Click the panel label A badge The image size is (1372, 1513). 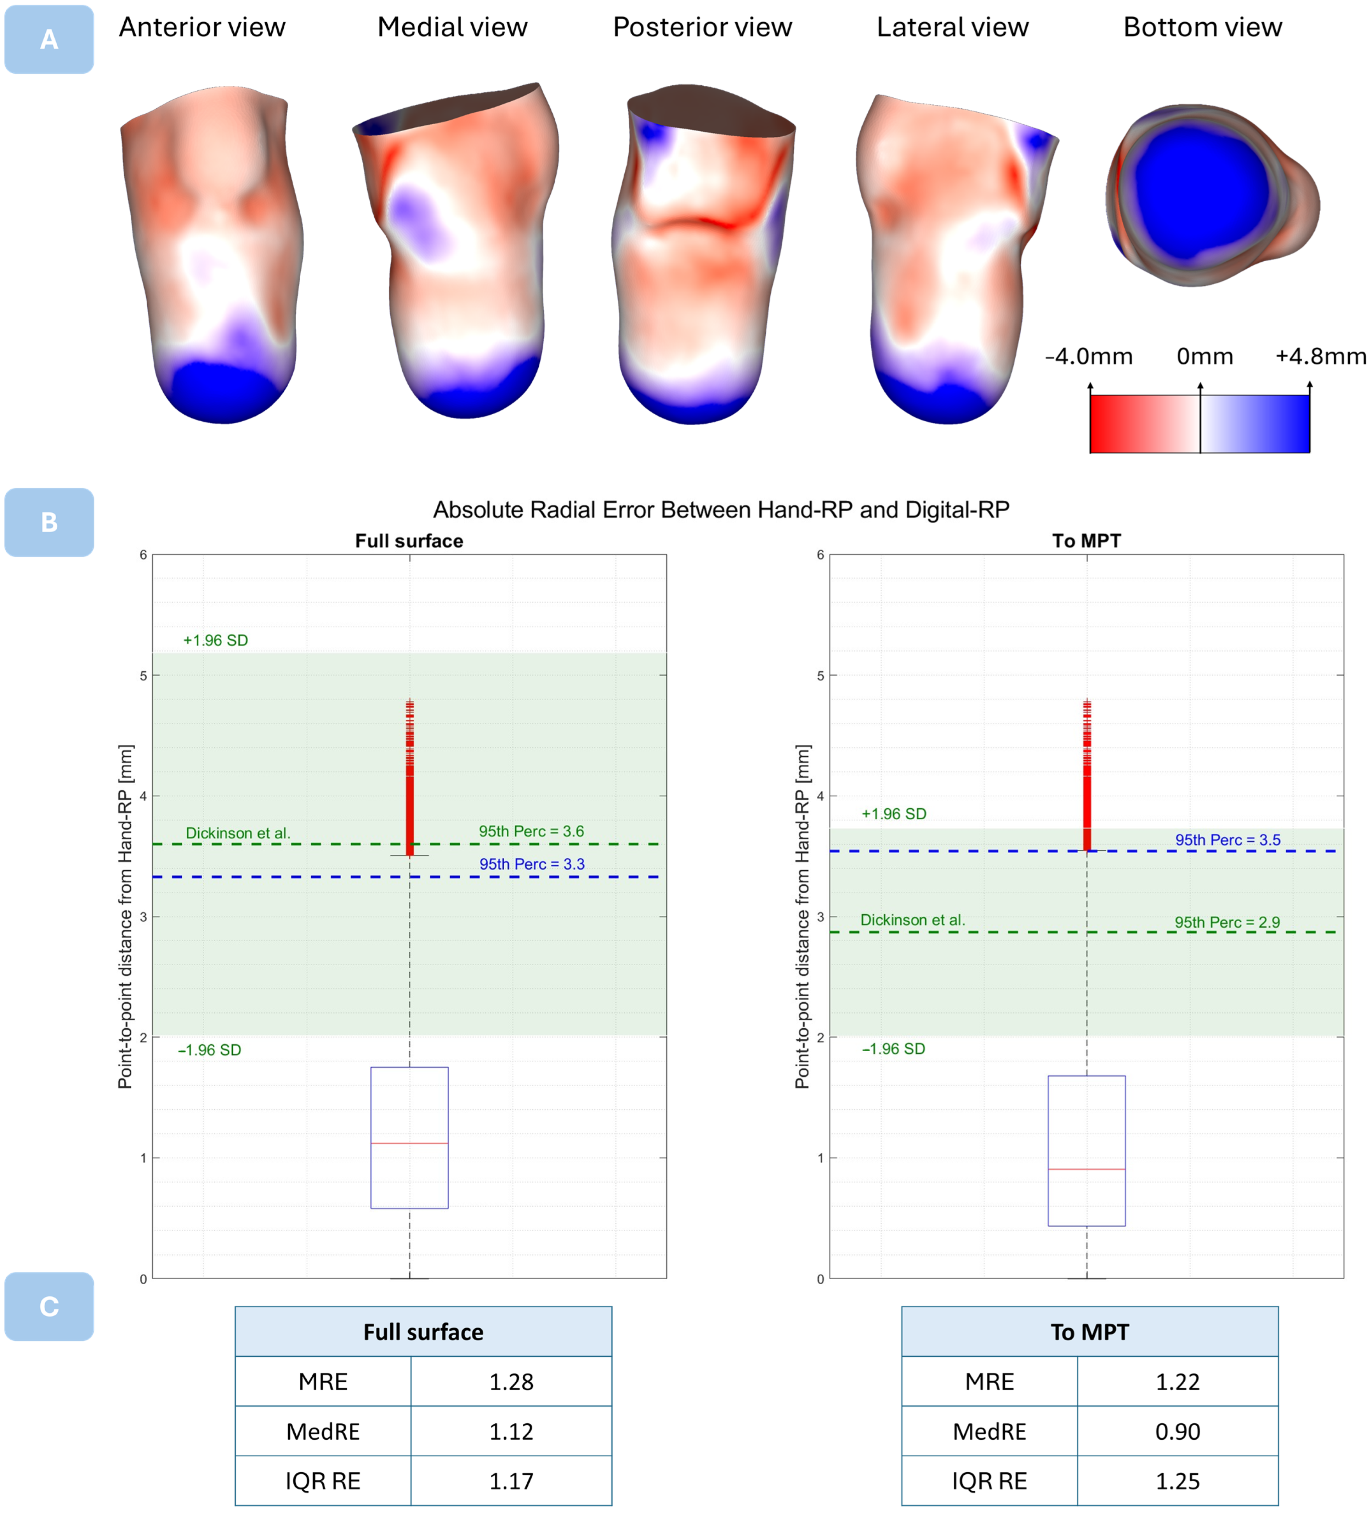click(x=49, y=39)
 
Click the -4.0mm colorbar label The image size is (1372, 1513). click(x=1088, y=357)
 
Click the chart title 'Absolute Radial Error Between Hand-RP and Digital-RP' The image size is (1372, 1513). click(x=720, y=510)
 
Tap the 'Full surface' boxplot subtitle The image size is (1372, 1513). click(x=409, y=541)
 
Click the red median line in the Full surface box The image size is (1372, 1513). click(x=409, y=1143)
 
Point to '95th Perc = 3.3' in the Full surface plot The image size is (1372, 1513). click(x=531, y=865)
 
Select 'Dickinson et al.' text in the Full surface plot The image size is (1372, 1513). click(x=238, y=834)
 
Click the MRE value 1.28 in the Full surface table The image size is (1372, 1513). click(x=511, y=1382)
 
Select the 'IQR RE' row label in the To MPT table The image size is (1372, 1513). click(x=989, y=1481)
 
